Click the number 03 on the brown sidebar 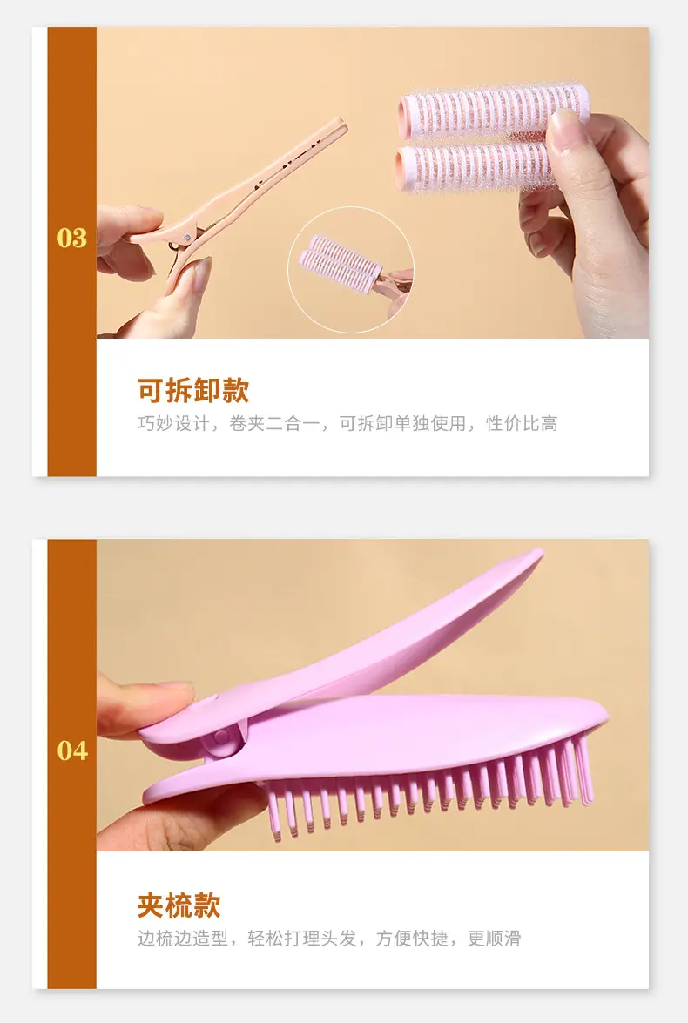(x=71, y=239)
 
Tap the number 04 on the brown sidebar (x=71, y=751)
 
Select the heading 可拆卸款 (x=193, y=390)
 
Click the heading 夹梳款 (x=179, y=905)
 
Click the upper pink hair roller (x=494, y=111)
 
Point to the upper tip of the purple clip (x=540, y=553)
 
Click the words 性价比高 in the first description (x=522, y=423)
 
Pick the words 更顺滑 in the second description (x=494, y=939)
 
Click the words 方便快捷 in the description (x=412, y=939)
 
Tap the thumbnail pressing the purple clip (x=175, y=689)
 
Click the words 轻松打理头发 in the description (x=301, y=939)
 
